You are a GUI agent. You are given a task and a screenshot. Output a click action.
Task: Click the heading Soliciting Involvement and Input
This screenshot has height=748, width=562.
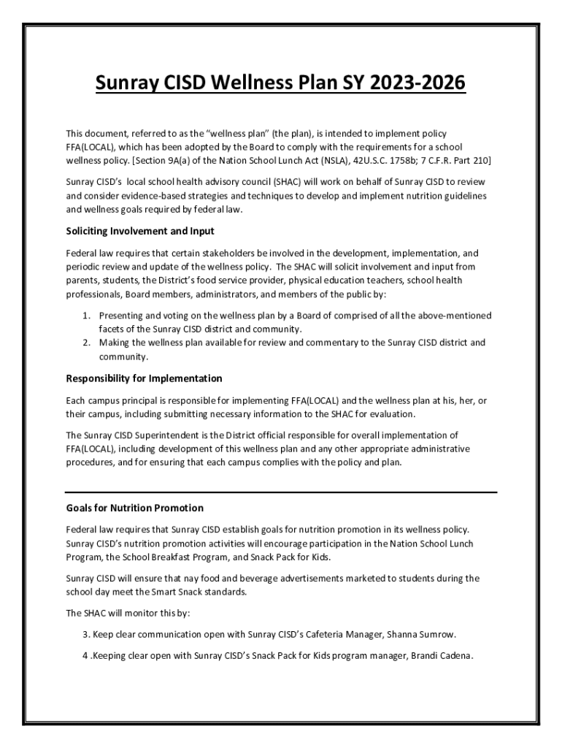(140, 232)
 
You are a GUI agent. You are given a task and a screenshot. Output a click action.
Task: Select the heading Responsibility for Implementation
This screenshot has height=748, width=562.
(144, 378)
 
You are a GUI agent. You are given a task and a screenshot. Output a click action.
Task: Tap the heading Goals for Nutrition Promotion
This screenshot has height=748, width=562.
(134, 508)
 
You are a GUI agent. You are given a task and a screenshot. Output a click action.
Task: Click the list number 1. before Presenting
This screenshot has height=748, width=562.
(85, 316)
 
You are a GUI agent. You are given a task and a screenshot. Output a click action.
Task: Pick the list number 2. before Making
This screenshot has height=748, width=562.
(85, 343)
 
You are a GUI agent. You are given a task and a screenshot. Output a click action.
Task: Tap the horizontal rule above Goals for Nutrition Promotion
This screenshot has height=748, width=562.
(281, 492)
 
